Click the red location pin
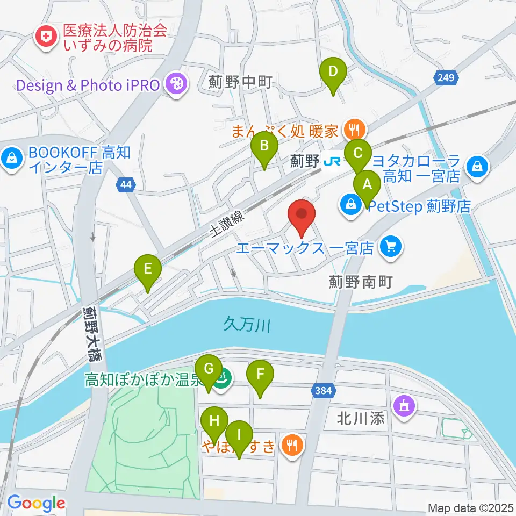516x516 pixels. pos(302,214)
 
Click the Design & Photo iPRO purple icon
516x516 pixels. pos(176,84)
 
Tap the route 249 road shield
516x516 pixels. pos(446,78)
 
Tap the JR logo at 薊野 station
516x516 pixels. pos(329,160)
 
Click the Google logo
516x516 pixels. pos(36,503)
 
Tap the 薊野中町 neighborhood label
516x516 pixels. pos(241,82)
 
